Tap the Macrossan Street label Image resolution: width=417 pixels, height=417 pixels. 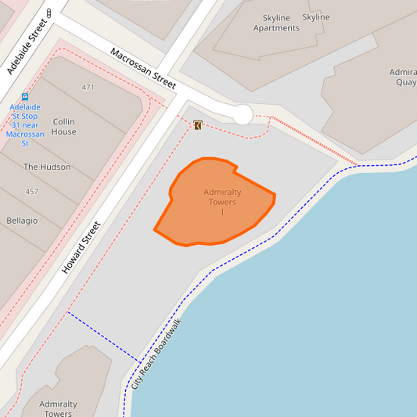(143, 69)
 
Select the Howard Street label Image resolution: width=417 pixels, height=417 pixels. (81, 248)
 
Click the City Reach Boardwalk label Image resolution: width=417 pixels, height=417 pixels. (156, 354)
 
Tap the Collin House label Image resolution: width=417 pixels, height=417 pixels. (64, 127)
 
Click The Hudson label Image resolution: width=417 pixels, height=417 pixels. (47, 167)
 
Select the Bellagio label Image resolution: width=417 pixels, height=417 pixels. (22, 221)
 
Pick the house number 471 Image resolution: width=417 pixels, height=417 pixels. (88, 87)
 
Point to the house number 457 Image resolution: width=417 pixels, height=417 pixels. (31, 192)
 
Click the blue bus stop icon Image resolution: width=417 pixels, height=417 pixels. (26, 97)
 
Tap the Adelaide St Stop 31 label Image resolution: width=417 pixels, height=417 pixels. (26, 125)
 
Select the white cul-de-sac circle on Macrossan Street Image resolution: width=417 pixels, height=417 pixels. (243, 114)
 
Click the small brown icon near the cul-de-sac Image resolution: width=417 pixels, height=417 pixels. (198, 125)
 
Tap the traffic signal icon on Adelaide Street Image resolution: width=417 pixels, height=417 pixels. (49, 13)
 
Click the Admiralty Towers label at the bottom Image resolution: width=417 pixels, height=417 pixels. (59, 408)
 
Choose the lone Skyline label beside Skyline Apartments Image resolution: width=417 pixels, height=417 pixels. (316, 17)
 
